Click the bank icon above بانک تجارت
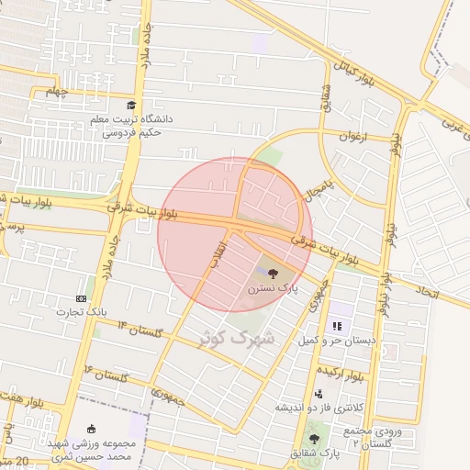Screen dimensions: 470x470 (x=82, y=298)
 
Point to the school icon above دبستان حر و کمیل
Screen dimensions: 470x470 (x=337, y=325)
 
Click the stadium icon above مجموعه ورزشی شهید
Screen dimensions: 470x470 (x=90, y=429)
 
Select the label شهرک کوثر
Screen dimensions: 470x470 (x=237, y=338)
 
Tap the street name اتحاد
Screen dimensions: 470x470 (x=429, y=293)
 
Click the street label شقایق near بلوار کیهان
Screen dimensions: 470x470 (x=325, y=94)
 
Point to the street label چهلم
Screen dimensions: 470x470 (x=57, y=91)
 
